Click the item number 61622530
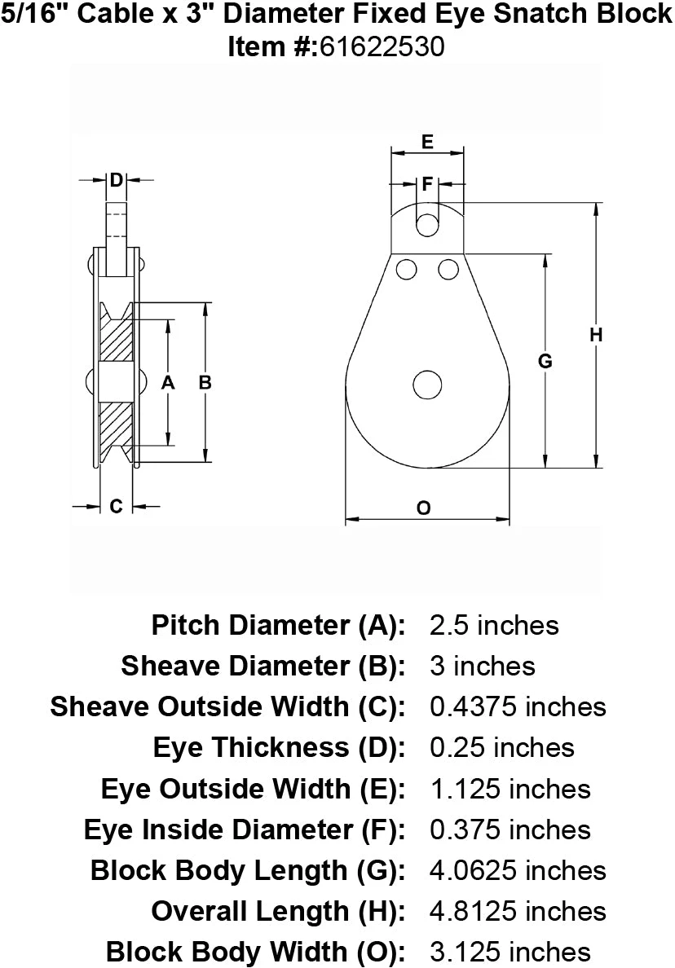tap(382, 47)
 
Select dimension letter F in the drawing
tap(426, 185)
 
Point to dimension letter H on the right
tap(597, 334)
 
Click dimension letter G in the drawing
tap(546, 360)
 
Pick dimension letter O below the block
tap(424, 508)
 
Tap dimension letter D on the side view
tap(116, 179)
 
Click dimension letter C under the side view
tap(116, 506)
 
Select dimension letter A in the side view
tap(168, 382)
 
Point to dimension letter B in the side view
tap(205, 382)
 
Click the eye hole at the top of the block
tap(426, 225)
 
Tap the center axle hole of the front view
tap(426, 385)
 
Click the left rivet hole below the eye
tap(406, 268)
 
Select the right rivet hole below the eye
tap(448, 268)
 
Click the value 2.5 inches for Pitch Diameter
tap(494, 625)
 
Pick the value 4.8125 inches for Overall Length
tap(518, 910)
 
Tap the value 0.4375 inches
tap(518, 706)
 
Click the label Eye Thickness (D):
tap(279, 747)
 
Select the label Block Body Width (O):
tap(256, 951)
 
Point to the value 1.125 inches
tap(510, 788)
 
